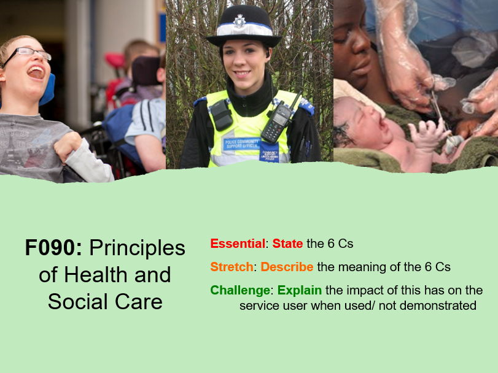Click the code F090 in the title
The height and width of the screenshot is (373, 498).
(53, 248)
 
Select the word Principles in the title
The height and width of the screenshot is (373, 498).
(137, 248)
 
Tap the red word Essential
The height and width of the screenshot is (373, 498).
(238, 244)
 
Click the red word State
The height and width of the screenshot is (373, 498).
(287, 244)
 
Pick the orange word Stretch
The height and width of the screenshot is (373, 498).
(231, 267)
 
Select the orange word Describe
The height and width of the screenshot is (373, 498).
(287, 267)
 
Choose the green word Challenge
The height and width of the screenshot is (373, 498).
(240, 290)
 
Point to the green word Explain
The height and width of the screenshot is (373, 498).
(300, 290)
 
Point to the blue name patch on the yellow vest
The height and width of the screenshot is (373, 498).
(241, 143)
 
